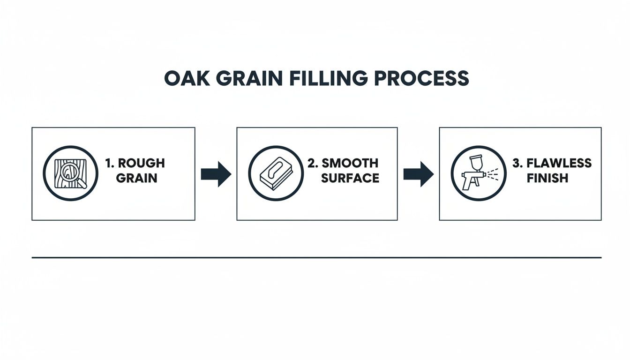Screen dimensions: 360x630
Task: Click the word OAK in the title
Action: click(183, 78)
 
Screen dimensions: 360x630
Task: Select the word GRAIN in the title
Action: click(237, 78)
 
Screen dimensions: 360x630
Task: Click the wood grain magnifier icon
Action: click(70, 173)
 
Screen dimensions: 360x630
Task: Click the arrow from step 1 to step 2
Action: click(216, 174)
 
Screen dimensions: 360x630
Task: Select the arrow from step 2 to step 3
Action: click(418, 174)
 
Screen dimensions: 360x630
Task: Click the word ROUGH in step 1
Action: click(141, 163)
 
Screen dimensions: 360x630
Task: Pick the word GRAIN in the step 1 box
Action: click(136, 178)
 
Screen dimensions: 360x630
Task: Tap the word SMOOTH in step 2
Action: click(350, 163)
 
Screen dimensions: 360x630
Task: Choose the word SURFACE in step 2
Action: click(350, 178)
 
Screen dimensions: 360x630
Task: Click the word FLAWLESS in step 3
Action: click(559, 163)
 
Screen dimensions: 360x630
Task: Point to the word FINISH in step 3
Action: click(547, 178)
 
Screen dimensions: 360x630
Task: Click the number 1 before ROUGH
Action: click(109, 163)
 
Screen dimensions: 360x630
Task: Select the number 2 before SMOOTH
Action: click(312, 163)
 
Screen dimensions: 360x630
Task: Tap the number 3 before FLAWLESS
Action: click(516, 163)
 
